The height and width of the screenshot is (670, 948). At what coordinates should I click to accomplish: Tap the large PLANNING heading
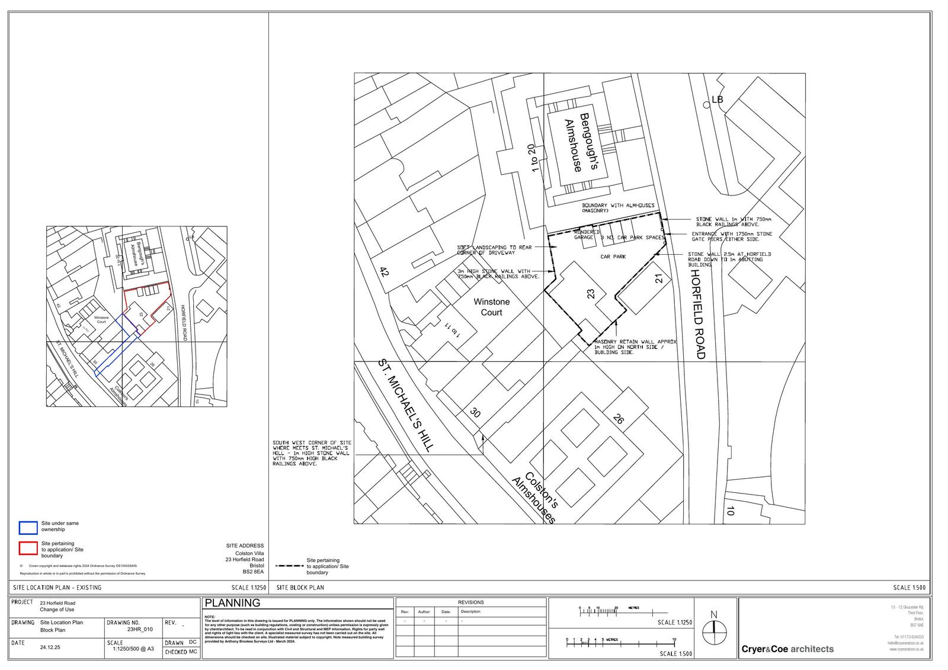click(x=232, y=603)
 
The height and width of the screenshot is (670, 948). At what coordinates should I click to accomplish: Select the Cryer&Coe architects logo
click(x=787, y=649)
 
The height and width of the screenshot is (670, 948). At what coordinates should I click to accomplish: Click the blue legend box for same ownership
click(x=28, y=527)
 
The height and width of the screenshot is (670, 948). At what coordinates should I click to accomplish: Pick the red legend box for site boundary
click(x=28, y=548)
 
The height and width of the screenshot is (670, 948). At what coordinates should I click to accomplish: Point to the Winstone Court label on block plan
click(x=491, y=307)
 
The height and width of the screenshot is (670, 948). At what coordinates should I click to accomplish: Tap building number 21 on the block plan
click(x=659, y=278)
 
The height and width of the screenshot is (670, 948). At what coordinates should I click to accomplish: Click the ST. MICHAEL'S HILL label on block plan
click(x=406, y=405)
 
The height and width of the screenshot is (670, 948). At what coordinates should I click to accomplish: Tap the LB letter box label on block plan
click(x=718, y=100)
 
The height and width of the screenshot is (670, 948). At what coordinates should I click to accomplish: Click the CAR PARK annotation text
click(x=613, y=257)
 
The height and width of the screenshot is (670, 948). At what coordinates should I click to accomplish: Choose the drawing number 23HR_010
click(x=140, y=630)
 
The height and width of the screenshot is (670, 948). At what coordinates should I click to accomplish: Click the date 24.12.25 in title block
click(x=50, y=647)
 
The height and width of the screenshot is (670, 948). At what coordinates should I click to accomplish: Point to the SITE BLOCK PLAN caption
click(x=300, y=588)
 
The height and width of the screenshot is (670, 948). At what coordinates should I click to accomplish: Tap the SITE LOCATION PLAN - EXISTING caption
click(x=57, y=588)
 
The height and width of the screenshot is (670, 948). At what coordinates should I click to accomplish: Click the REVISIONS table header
click(x=470, y=602)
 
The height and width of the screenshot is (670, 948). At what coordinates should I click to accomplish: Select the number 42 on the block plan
click(x=384, y=273)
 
